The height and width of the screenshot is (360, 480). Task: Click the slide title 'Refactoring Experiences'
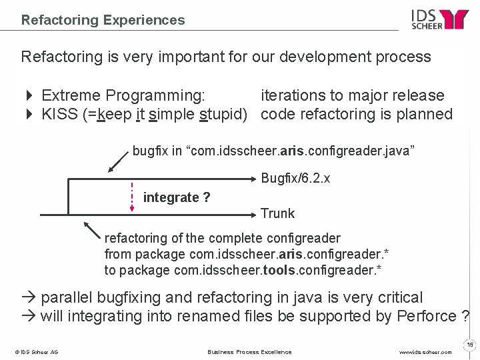103,20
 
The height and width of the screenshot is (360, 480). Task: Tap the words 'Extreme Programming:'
123,96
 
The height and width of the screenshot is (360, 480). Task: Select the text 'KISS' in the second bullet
58,114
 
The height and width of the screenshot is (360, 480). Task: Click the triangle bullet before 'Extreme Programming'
28,96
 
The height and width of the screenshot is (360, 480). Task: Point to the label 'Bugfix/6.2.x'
295,179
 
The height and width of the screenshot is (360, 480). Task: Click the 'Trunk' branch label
277,213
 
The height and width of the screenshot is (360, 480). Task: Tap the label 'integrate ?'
177,197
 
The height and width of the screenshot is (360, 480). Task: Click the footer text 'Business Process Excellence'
249,351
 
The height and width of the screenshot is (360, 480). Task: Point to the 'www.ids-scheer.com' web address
427,351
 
